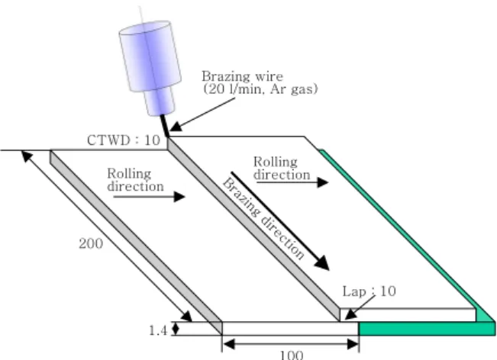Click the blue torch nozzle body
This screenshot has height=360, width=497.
pyautogui.click(x=150, y=56)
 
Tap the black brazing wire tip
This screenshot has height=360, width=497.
pyautogui.click(x=168, y=137)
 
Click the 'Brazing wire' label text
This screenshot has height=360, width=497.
pyautogui.click(x=243, y=76)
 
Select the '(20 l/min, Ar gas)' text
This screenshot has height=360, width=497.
pyautogui.click(x=260, y=89)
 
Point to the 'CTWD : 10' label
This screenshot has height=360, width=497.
pyautogui.click(x=124, y=140)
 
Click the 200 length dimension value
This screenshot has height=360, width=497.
pyautogui.click(x=91, y=243)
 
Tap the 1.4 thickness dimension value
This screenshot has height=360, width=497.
pyautogui.click(x=158, y=330)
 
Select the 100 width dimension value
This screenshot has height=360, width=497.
pyautogui.click(x=292, y=355)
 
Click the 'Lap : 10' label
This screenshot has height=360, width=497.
pyautogui.click(x=370, y=291)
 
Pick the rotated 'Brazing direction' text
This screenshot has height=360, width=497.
pyautogui.click(x=263, y=219)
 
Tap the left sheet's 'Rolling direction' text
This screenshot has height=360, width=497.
pyautogui.click(x=135, y=180)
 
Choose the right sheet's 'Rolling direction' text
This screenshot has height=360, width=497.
pyautogui.click(x=282, y=168)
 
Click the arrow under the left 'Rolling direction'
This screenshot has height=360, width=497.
pyautogui.click(x=150, y=197)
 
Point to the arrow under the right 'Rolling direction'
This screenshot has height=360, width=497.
pyautogui.click(x=292, y=182)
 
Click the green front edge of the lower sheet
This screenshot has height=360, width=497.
pyautogui.click(x=427, y=329)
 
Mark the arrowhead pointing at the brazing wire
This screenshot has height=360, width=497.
pyautogui.click(x=176, y=127)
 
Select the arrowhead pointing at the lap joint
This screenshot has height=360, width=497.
pyautogui.click(x=350, y=314)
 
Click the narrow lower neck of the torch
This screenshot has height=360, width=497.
pyautogui.click(x=160, y=101)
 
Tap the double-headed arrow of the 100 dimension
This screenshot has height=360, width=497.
pyautogui.click(x=291, y=344)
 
